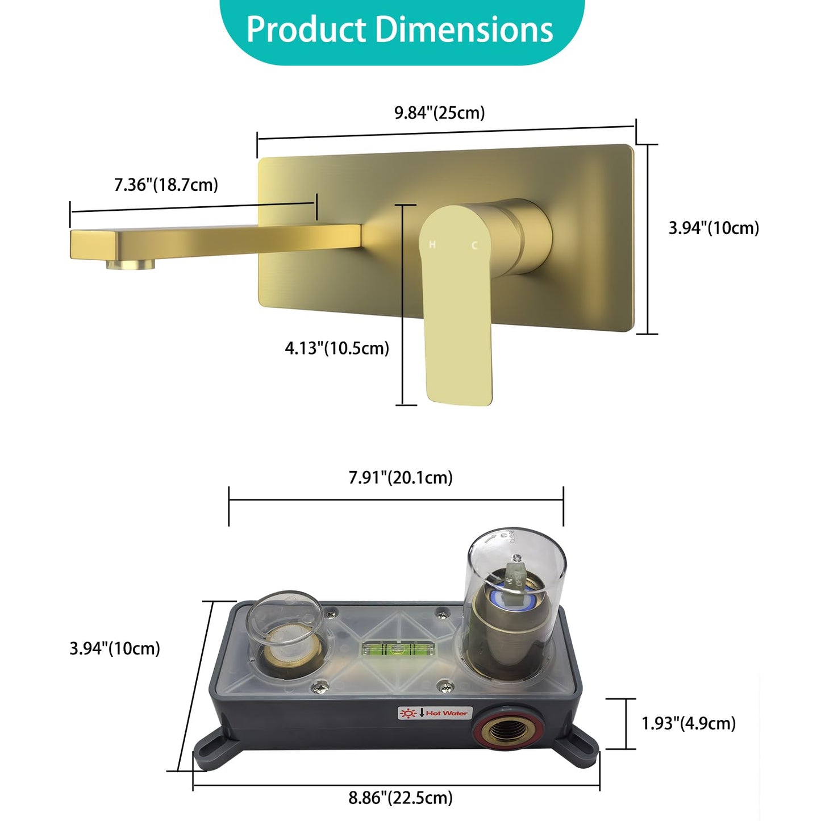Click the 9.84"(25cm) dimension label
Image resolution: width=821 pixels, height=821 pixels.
pyautogui.click(x=439, y=112)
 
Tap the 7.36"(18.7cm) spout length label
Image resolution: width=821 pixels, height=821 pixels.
pyautogui.click(x=166, y=185)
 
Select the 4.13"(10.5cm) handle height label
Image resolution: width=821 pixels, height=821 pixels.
pyautogui.click(x=337, y=348)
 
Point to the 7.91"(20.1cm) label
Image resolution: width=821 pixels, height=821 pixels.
pyautogui.click(x=401, y=477)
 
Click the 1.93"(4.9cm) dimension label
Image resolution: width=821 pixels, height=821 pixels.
pyautogui.click(x=688, y=723)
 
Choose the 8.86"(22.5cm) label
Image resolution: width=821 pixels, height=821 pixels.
pyautogui.click(x=401, y=798)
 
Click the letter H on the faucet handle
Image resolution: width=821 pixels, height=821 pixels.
pyautogui.click(x=432, y=244)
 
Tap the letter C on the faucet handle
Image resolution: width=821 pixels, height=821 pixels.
pyautogui.click(x=474, y=245)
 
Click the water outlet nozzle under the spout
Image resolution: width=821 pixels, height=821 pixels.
pyautogui.click(x=131, y=264)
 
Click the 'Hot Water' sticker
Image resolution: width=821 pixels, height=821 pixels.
pyautogui.click(x=434, y=712)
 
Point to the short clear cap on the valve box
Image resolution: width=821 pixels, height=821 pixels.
pyautogui.click(x=284, y=622)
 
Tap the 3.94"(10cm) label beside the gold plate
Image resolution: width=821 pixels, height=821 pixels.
pyautogui.click(x=713, y=228)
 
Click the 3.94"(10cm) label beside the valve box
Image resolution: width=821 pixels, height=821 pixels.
pyautogui.click(x=115, y=648)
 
